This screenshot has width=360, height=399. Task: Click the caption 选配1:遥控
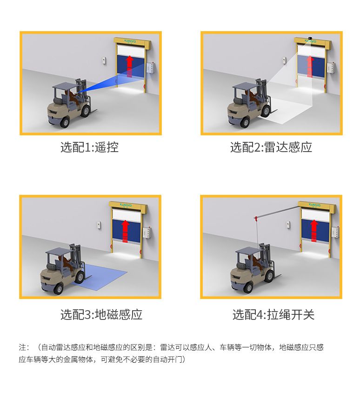coord(89,147)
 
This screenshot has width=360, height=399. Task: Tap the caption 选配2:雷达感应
coord(271,147)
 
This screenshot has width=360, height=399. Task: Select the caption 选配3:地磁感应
coord(101,314)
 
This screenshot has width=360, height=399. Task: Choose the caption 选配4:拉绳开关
coord(273,314)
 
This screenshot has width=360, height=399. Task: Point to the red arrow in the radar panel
coord(310,66)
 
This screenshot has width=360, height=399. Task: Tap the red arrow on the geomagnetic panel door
coord(125,231)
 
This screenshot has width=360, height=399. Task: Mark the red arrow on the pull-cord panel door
coord(314,231)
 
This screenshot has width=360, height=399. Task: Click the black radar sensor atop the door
coord(310,38)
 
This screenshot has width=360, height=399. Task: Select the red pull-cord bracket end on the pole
coord(256,218)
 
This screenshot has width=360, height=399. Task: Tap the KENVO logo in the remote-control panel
coord(130,41)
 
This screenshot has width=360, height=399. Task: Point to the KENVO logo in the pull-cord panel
coord(314,205)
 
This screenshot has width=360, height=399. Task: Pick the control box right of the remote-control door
coord(151,68)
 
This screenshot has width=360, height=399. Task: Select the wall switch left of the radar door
coord(284,60)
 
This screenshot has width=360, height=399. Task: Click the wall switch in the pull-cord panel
coord(288,224)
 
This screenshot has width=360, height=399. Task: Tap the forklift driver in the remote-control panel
coord(72,97)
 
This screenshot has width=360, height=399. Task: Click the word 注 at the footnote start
coord(22,347)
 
